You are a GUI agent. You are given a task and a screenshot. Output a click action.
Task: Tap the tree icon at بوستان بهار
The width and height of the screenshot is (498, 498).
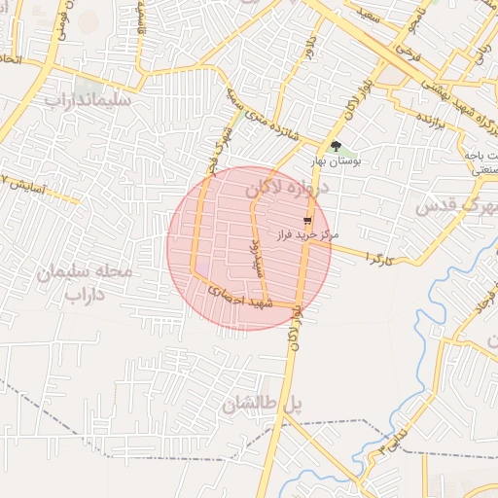coord(336,147)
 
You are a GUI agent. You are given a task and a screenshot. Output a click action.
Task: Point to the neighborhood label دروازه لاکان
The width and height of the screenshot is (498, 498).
coord(289,188)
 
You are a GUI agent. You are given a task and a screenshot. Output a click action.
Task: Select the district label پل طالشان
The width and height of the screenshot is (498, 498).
coord(258,407)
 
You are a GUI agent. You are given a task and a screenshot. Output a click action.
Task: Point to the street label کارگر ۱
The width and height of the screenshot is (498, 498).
coord(377,257)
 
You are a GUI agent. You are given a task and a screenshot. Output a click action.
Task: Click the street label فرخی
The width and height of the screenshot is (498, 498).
coord(411,47)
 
